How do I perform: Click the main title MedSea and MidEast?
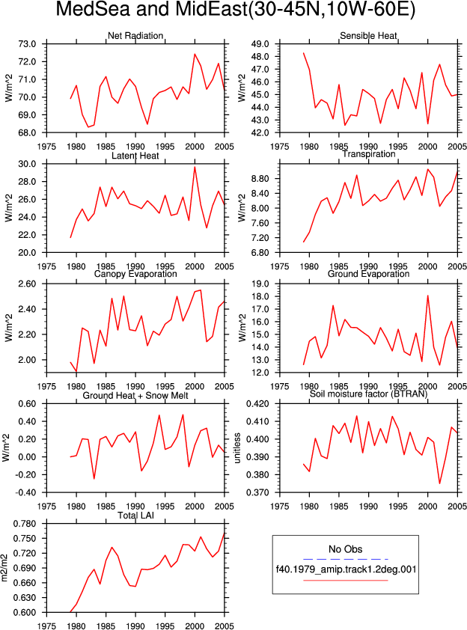click(x=235, y=9)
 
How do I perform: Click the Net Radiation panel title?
click(x=135, y=36)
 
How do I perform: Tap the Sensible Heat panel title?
click(x=368, y=36)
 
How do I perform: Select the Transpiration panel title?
click(x=368, y=154)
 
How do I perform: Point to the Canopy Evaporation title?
click(x=135, y=274)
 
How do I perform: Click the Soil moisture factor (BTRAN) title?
click(x=368, y=394)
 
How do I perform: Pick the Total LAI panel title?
click(x=135, y=515)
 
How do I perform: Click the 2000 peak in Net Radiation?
click(x=195, y=54)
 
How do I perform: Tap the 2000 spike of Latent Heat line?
click(x=195, y=167)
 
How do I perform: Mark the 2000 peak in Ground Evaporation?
click(x=427, y=296)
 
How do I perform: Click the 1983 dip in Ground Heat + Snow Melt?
click(x=94, y=479)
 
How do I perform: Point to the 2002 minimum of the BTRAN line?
click(x=439, y=483)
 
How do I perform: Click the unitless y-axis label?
click(x=237, y=448)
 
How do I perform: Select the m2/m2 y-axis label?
click(x=4, y=568)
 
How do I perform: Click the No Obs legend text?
click(x=346, y=549)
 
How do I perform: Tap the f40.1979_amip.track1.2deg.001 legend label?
click(x=346, y=569)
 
